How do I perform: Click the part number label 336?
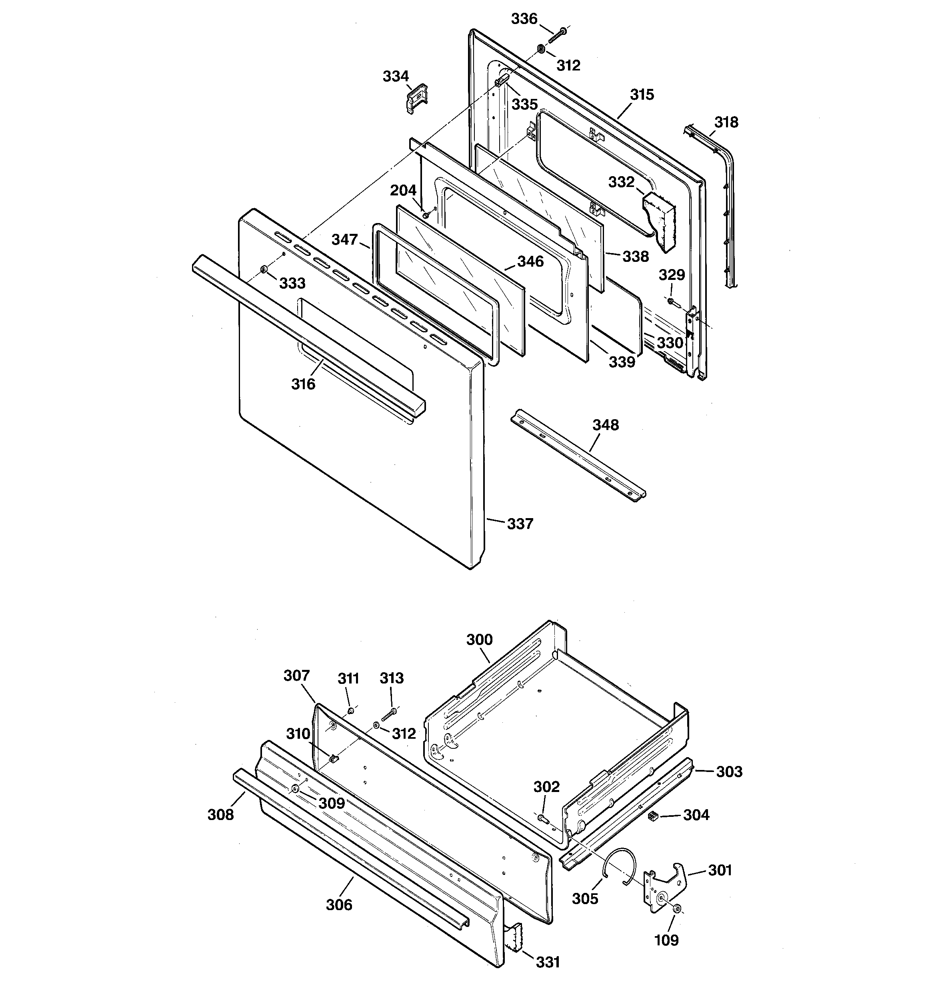(524, 19)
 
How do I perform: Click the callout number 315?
(642, 95)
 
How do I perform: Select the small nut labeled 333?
(264, 270)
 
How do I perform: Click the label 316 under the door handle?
(303, 384)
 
